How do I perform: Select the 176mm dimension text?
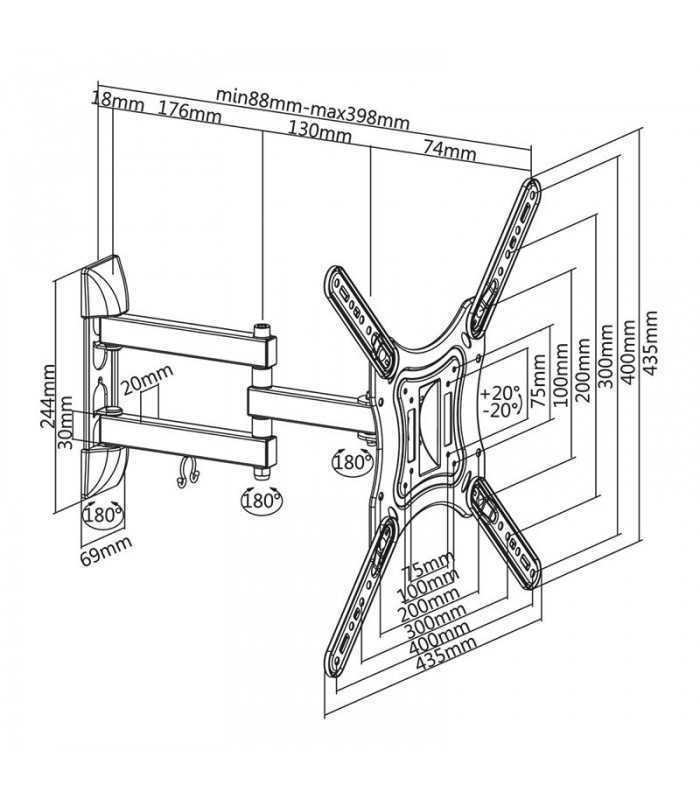tap(190, 109)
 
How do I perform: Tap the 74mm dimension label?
tap(450, 151)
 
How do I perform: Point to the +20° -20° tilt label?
tap(500, 400)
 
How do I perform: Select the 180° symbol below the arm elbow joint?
tap(260, 498)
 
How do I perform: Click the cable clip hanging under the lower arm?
tap(182, 473)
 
